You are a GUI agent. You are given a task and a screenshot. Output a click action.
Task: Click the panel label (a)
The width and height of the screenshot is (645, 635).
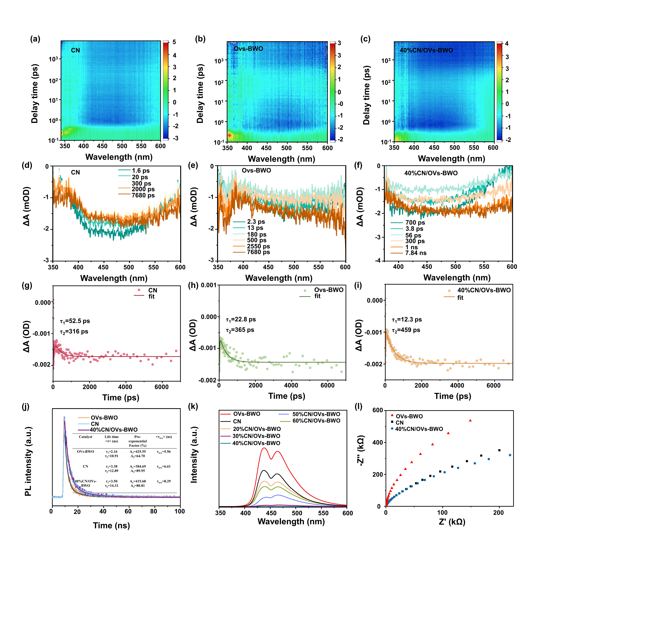point(35,39)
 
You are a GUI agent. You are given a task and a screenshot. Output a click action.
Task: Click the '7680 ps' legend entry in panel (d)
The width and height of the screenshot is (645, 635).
point(143,195)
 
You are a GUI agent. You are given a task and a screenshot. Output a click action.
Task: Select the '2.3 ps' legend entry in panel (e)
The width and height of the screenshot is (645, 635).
point(256,222)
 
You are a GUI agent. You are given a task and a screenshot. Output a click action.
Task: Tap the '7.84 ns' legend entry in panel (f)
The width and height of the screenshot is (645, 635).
point(416,253)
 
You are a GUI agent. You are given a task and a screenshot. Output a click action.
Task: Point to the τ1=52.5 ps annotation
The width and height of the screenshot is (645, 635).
point(75,321)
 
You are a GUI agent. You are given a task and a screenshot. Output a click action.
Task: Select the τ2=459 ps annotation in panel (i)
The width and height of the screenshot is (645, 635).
point(406,330)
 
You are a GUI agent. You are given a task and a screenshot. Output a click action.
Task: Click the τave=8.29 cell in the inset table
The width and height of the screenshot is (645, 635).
point(164,481)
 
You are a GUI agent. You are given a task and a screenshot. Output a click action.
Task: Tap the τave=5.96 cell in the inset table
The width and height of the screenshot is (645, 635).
point(164,452)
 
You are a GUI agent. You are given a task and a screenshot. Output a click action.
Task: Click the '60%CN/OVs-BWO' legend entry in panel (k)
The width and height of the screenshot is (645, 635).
point(316,421)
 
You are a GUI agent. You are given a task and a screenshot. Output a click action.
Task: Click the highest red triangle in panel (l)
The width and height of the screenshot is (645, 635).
point(470,421)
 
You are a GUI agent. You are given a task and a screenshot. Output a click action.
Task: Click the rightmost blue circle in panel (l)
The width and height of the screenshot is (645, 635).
point(510,455)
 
